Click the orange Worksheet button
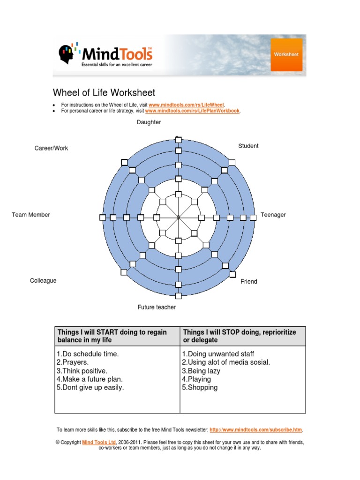tap(286, 55)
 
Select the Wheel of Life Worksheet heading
tap(104, 93)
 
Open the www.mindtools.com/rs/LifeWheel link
tap(187, 105)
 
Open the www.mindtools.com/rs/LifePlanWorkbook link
tap(192, 111)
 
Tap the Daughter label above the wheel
tap(149, 122)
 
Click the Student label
tap(248, 146)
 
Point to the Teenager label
tap(273, 215)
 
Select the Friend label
tap(249, 281)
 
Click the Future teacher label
tap(157, 307)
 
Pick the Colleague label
tap(43, 280)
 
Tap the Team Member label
tap(31, 215)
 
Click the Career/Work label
tap(51, 148)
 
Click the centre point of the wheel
tap(178, 217)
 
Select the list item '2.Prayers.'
tap(73, 362)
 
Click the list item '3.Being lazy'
tap(201, 371)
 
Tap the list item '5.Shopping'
tap(200, 388)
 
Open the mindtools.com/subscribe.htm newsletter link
tap(256, 429)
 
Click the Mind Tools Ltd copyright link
tap(99, 442)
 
